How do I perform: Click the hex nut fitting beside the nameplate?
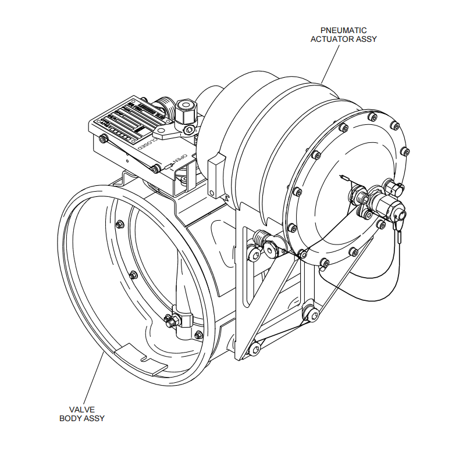186,109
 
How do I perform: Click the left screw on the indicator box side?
104,139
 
